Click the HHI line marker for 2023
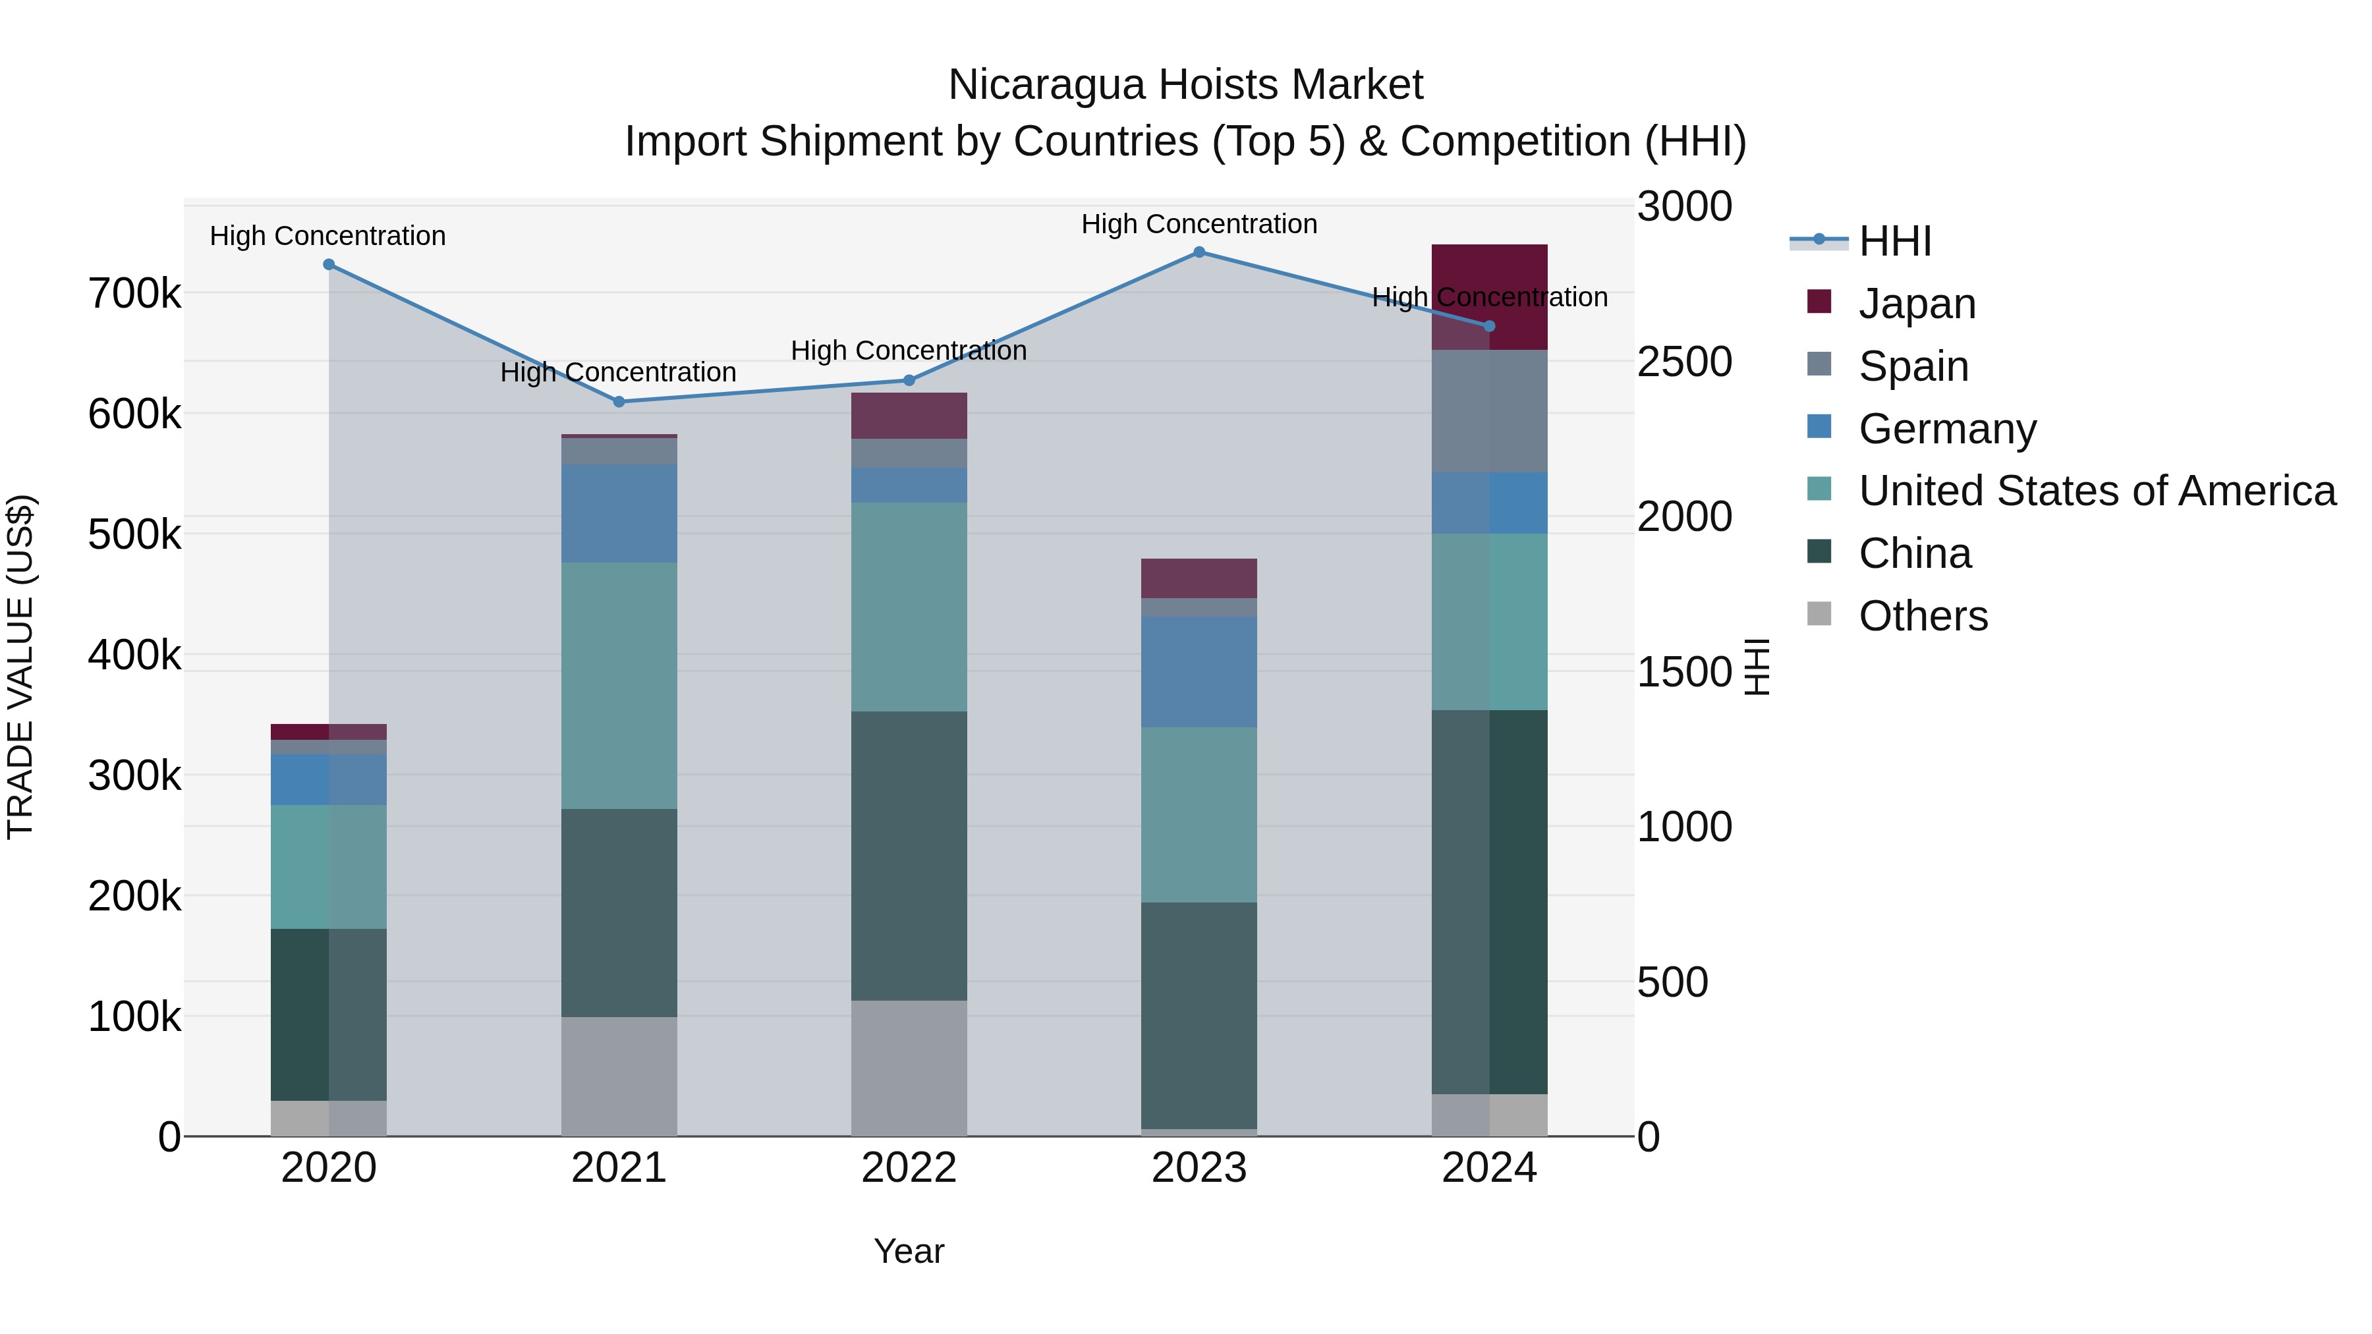pyautogui.click(x=1199, y=252)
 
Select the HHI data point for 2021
pyautogui.click(x=619, y=401)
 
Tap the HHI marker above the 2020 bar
pyautogui.click(x=329, y=265)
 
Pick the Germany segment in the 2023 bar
pyautogui.click(x=1199, y=671)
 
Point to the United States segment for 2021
pyautogui.click(x=619, y=685)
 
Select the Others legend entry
pyautogui.click(x=1923, y=616)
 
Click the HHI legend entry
pyautogui.click(x=1894, y=241)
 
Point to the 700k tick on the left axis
pyautogui.click(x=134, y=294)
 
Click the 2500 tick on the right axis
pyautogui.click(x=1684, y=362)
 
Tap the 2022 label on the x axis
pyautogui.click(x=909, y=1168)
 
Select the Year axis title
pyautogui.click(x=909, y=1251)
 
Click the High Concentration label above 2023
pyautogui.click(x=1199, y=224)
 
